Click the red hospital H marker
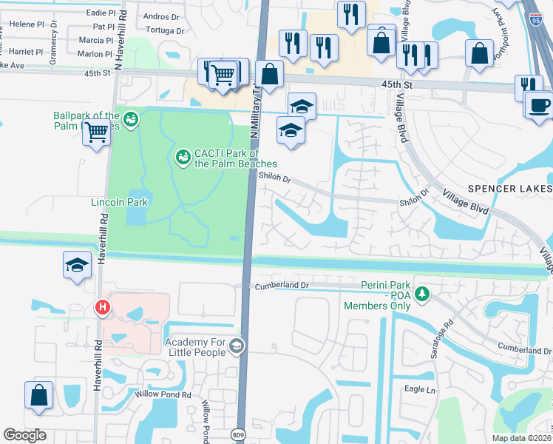[x=103, y=306]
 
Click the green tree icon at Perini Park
[x=421, y=295]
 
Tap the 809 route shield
[x=238, y=434]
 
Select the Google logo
[x=25, y=434]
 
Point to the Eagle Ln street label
[x=420, y=389]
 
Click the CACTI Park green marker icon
[x=183, y=157]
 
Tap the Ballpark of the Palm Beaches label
[x=86, y=121]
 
